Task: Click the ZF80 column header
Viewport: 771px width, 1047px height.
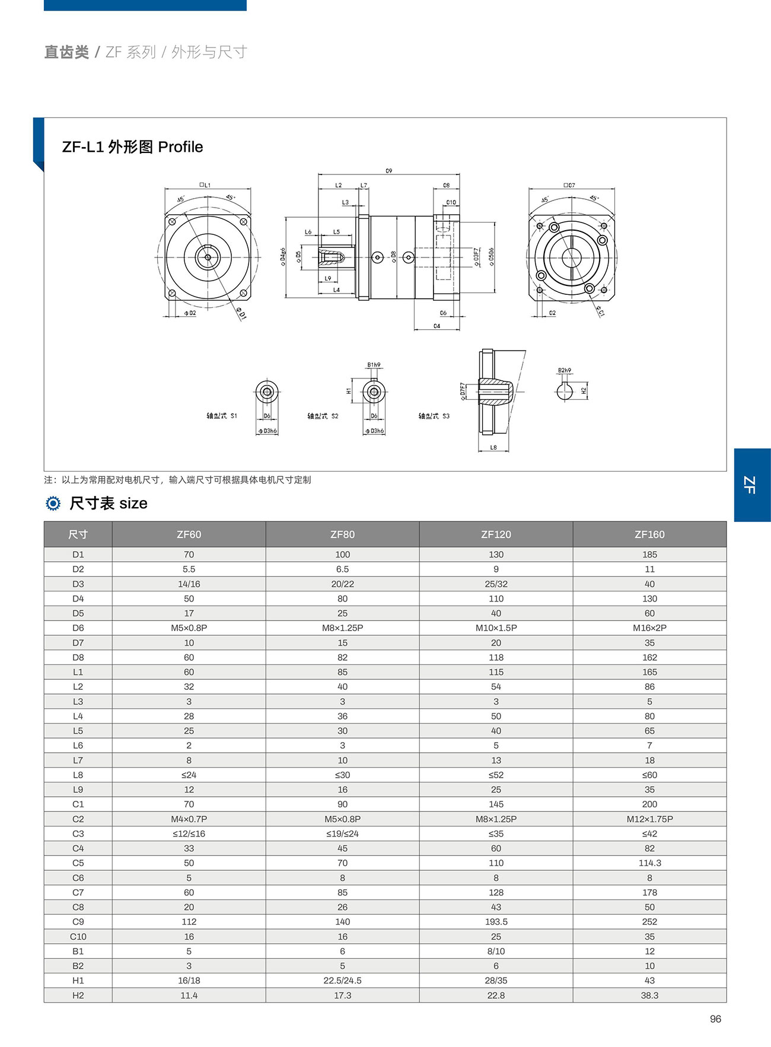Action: click(x=342, y=534)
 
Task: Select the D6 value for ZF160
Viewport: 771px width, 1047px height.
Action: click(x=649, y=628)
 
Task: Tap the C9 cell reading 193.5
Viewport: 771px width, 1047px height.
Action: click(x=496, y=922)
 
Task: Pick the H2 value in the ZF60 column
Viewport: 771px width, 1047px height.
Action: click(x=189, y=995)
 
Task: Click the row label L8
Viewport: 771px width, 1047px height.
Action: click(x=78, y=775)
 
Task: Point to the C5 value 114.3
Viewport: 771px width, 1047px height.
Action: click(x=649, y=863)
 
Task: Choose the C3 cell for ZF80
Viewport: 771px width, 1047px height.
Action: click(x=342, y=833)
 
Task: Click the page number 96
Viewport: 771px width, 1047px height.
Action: click(x=715, y=1019)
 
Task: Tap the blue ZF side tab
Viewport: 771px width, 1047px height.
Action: click(x=751, y=485)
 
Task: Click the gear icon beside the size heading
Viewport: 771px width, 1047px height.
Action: click(x=53, y=504)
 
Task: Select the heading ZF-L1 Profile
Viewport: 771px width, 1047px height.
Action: click(x=132, y=147)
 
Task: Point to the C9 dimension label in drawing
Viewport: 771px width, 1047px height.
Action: click(x=389, y=171)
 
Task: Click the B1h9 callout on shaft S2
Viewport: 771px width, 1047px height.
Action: click(x=374, y=365)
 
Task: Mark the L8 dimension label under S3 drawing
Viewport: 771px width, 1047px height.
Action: click(x=493, y=447)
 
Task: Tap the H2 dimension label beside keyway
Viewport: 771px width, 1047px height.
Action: click(x=584, y=390)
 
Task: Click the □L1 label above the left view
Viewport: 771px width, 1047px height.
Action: click(x=205, y=185)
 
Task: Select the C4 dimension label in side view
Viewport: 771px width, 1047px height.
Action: click(x=437, y=326)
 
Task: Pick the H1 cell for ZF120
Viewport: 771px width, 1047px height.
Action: click(x=496, y=981)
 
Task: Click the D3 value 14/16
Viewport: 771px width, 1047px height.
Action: click(x=189, y=584)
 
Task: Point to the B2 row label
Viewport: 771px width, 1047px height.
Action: click(x=78, y=966)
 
